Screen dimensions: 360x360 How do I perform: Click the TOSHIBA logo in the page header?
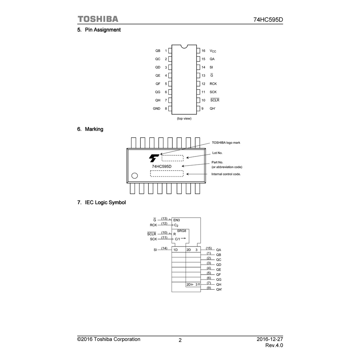pos(98,19)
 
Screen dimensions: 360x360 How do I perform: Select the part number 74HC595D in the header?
pos(268,20)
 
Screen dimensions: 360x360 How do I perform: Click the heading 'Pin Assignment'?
pos(103,30)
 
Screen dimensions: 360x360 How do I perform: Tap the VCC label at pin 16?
pos(213,51)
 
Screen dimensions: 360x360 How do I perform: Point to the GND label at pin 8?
pos(156,109)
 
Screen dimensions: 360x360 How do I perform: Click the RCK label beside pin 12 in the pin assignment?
pos(213,84)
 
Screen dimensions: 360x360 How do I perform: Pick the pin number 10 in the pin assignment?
pos(203,100)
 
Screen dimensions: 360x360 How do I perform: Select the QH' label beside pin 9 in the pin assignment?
pos(212,109)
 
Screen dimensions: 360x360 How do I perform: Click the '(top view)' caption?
pos(184,118)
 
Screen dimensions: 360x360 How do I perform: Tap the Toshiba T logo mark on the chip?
pos(154,158)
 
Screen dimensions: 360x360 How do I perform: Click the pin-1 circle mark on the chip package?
pos(134,176)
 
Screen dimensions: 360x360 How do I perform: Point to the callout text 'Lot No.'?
pos(217,153)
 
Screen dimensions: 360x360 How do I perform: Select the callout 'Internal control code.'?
pos(226,174)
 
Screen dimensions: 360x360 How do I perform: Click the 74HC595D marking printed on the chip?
pos(161,166)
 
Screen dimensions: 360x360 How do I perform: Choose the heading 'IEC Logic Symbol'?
pos(105,202)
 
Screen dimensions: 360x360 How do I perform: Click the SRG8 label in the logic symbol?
pos(181,231)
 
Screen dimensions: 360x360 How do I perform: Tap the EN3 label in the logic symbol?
pos(176,220)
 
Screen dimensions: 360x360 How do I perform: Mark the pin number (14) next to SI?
pos(164,248)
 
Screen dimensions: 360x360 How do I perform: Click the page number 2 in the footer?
pos(180,340)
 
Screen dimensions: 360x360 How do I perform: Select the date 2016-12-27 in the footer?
pos(270,339)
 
